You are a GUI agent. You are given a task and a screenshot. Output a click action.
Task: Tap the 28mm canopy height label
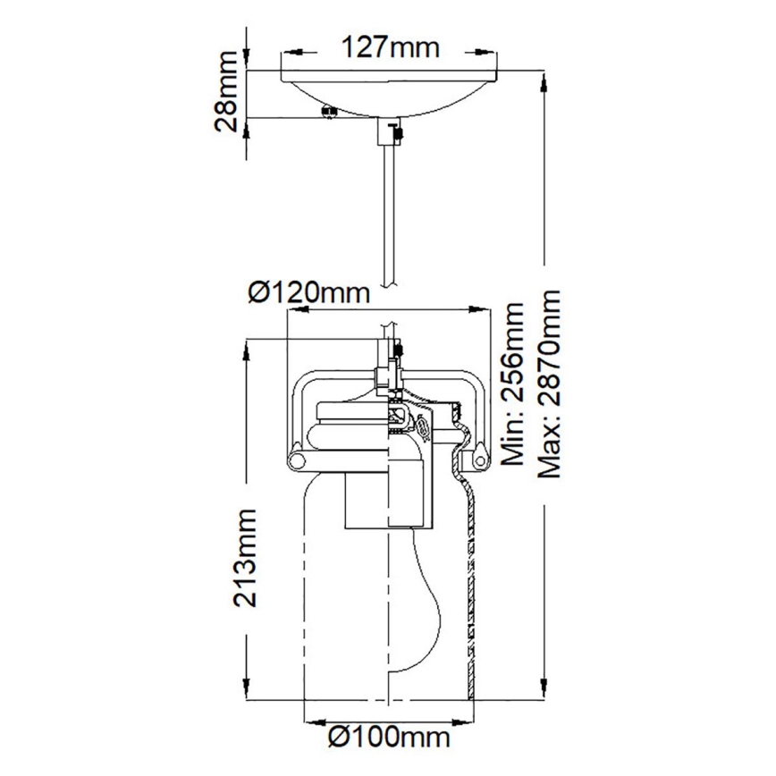tap(228, 93)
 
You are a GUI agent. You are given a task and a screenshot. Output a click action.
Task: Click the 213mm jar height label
tap(245, 557)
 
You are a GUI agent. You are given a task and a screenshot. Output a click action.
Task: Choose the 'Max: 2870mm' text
tap(549, 384)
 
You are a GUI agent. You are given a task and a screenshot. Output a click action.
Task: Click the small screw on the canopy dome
tap(328, 112)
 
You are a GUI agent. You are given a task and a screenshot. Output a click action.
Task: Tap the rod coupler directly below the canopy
tap(390, 132)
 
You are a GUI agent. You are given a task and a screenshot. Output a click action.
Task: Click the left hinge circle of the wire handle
tap(296, 460)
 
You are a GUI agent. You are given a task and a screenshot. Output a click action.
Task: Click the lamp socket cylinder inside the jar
tap(368, 501)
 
